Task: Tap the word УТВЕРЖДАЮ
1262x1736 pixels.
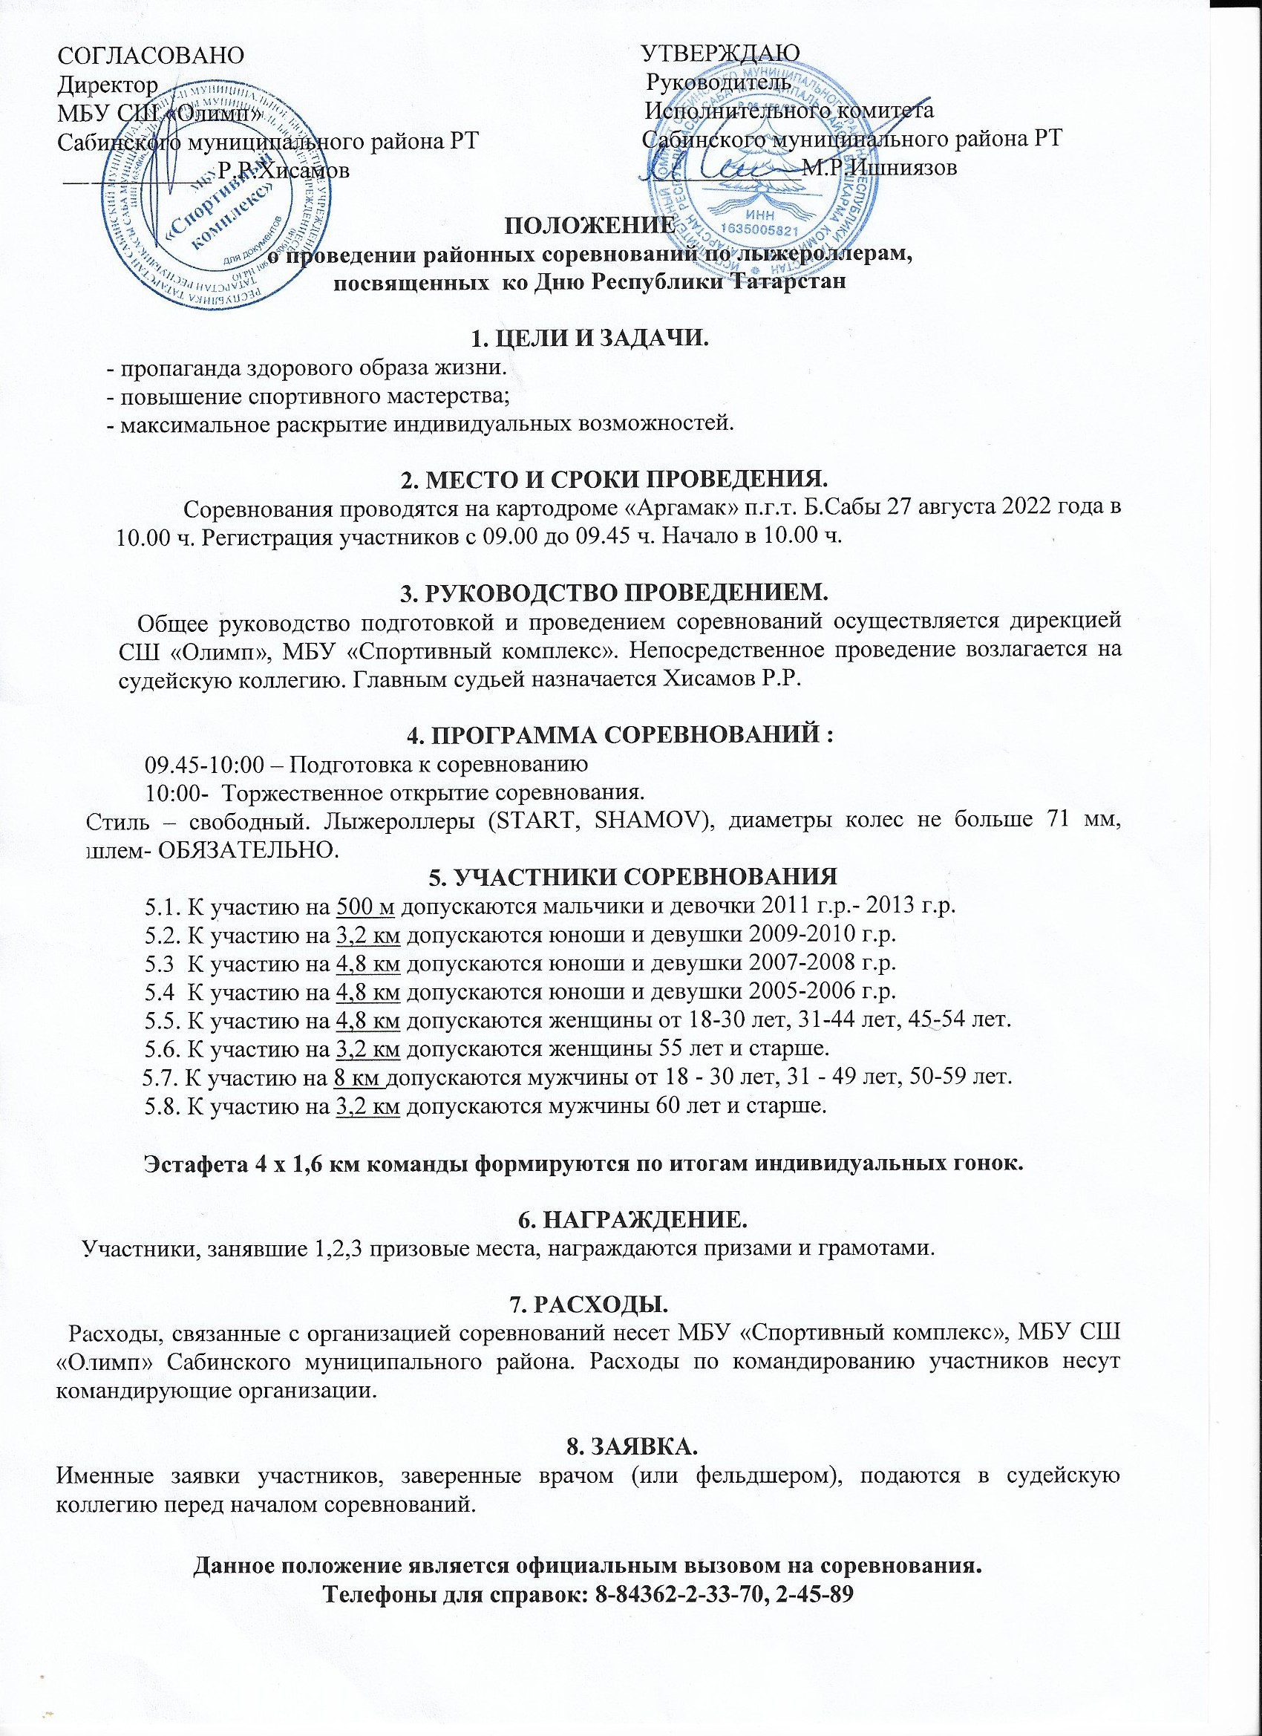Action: point(720,53)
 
